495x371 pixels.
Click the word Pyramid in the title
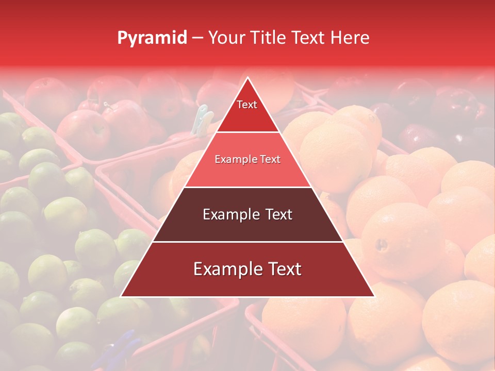pyautogui.click(x=152, y=38)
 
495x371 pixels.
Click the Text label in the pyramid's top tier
pyautogui.click(x=247, y=105)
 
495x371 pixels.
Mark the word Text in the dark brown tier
pyautogui.click(x=279, y=214)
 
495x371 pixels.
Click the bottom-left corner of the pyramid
pyautogui.click(x=121, y=296)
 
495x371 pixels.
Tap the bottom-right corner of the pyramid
pyautogui.click(x=374, y=296)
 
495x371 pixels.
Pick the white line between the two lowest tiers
pyautogui.click(x=247, y=242)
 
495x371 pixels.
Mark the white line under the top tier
pyautogui.click(x=247, y=132)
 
